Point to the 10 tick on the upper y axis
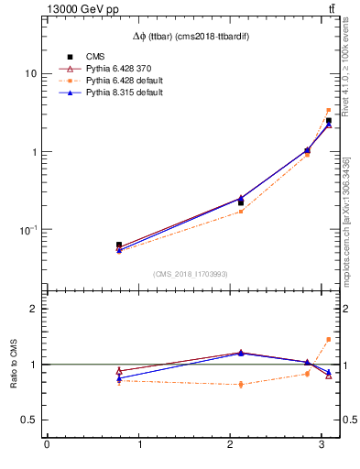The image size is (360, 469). pyautogui.click(x=30, y=73)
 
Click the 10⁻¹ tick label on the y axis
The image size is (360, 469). pyautogui.click(x=27, y=229)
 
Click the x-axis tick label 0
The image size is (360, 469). pyautogui.click(x=47, y=446)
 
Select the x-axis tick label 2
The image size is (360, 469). pyautogui.click(x=229, y=446)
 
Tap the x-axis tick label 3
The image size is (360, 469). pyautogui.click(x=321, y=446)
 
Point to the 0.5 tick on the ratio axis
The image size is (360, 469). pyautogui.click(x=28, y=420)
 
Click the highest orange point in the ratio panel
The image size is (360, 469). pyautogui.click(x=329, y=339)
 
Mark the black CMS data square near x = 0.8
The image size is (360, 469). pyautogui.click(x=119, y=245)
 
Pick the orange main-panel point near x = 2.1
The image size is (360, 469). pyautogui.click(x=241, y=212)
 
